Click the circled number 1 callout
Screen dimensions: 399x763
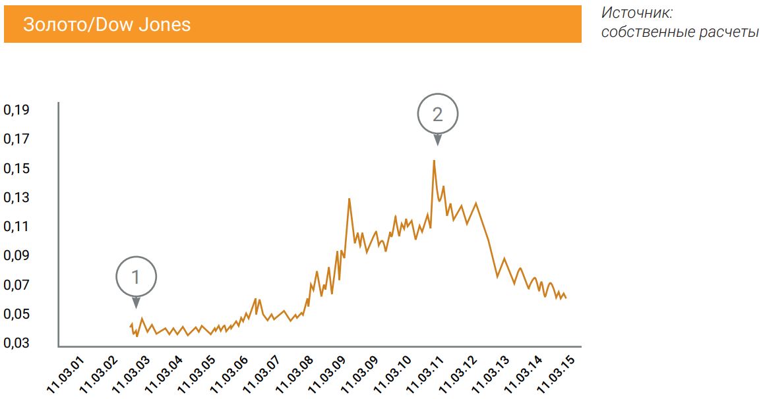point(136,277)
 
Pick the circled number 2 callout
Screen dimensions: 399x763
point(437,114)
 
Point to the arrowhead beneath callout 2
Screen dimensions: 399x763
point(437,140)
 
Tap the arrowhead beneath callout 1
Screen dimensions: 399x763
point(136,303)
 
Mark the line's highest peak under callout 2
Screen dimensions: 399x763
point(434,160)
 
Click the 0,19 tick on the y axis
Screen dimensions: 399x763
point(16,109)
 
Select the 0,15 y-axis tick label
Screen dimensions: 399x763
point(16,169)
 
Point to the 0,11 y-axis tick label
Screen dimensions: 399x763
point(16,226)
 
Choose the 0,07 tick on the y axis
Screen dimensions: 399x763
point(16,285)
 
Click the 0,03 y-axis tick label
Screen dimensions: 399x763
point(16,343)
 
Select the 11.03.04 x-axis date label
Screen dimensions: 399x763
point(164,375)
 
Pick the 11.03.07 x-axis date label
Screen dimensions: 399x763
point(262,375)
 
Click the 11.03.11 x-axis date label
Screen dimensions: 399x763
point(425,375)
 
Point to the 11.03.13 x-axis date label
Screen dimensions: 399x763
point(491,375)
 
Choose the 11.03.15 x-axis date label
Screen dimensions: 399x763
point(556,375)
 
